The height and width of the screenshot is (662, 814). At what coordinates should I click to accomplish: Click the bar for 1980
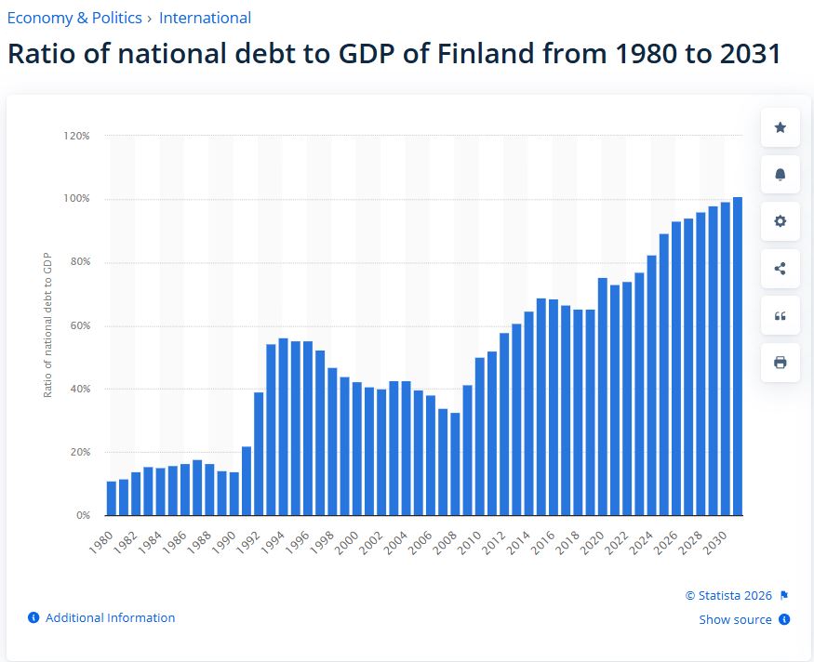112,497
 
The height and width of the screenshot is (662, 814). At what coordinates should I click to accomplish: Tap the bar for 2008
455,464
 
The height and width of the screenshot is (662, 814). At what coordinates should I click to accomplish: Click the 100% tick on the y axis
76,199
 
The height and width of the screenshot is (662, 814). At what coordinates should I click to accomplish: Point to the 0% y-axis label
82,515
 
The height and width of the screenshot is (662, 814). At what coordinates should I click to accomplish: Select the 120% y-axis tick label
76,136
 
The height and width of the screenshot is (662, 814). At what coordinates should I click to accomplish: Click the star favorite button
780,127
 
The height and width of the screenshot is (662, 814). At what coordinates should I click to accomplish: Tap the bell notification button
780,175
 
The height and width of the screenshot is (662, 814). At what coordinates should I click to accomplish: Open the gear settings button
780,221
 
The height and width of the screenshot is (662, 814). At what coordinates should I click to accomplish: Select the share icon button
780,269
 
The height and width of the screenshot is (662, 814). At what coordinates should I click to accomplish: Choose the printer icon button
780,363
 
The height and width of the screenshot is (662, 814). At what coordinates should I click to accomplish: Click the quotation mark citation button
780,316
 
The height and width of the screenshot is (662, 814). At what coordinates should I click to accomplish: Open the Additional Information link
110,617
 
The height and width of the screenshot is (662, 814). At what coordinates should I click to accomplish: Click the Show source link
735,619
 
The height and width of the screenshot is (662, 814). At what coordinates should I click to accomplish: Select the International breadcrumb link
205,18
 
